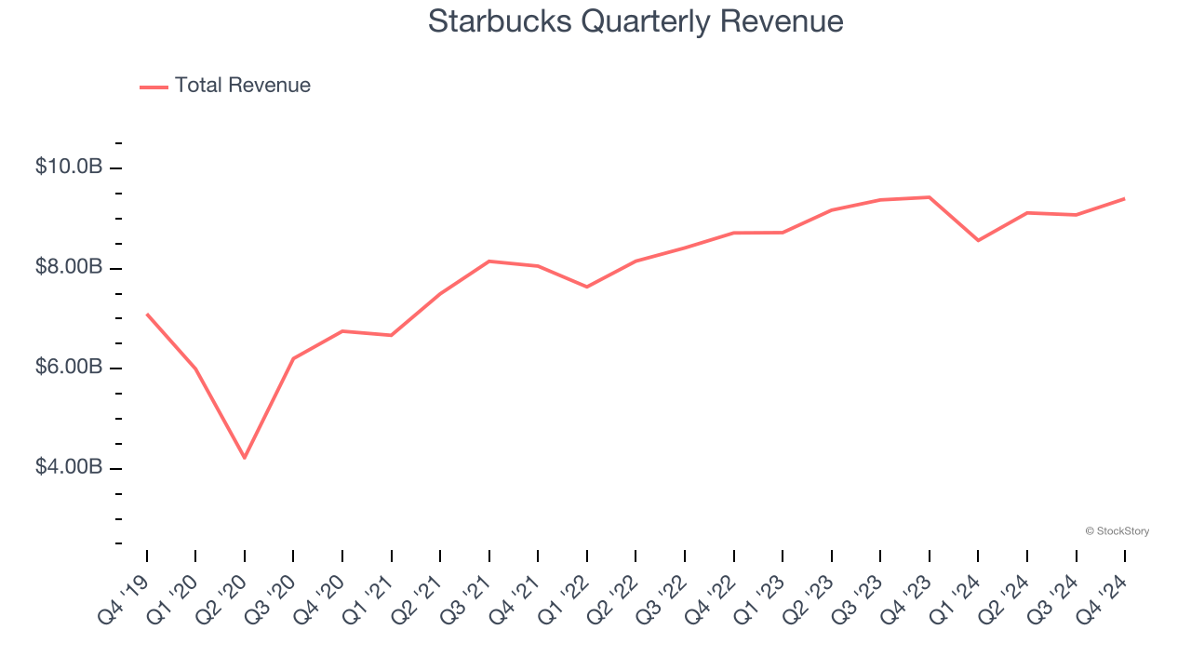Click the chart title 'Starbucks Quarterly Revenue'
coord(636,21)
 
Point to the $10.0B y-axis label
coord(68,167)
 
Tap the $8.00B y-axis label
coord(68,268)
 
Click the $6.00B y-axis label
coord(68,368)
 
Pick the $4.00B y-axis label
coord(68,467)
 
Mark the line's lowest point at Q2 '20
coord(245,458)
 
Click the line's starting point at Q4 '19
coord(147,315)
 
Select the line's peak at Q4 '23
coord(930,197)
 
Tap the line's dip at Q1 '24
coord(978,240)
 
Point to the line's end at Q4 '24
coord(1125,198)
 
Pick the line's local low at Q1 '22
coord(587,287)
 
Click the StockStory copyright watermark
coord(1117,531)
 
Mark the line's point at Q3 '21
coord(489,261)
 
